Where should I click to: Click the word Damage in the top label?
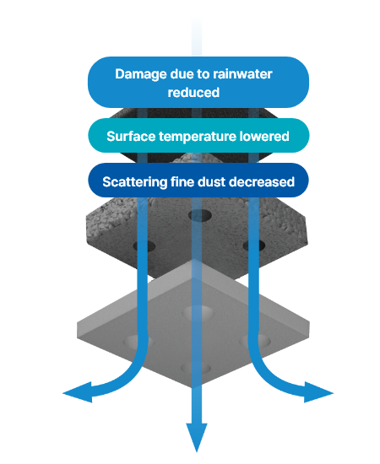pos(141,75)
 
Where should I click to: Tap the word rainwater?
pos(242,74)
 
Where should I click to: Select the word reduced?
pos(193,92)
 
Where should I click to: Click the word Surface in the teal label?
pos(131,136)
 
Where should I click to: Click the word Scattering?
pos(135,182)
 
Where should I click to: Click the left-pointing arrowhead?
pos(78,392)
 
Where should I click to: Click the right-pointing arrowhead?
pos(318,392)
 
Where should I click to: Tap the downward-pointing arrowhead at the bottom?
pos(197,437)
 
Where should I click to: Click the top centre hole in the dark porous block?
pos(200,215)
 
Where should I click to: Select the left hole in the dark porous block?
pos(144,246)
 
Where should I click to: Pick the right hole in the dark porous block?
pos(254,246)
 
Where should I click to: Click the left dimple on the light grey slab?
pos(138,342)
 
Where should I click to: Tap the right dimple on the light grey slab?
pos(255,341)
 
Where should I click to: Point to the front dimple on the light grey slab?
pos(196,369)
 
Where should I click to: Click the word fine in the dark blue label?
pos(182,181)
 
